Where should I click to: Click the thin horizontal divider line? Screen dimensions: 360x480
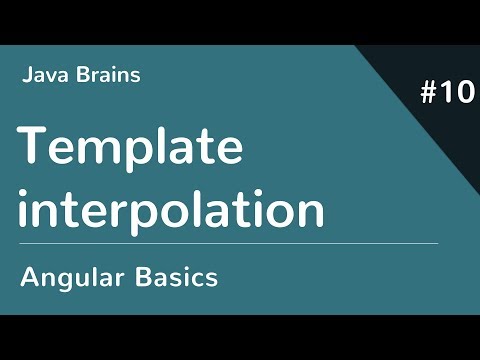(x=230, y=243)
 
